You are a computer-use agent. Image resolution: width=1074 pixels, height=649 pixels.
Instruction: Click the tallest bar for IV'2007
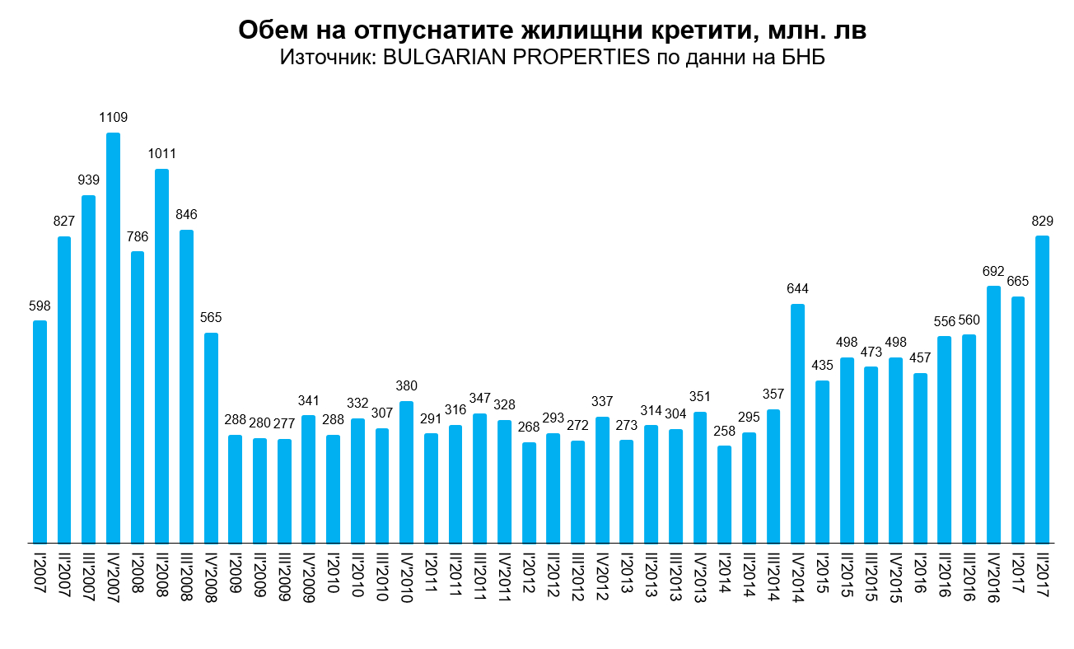coord(113,338)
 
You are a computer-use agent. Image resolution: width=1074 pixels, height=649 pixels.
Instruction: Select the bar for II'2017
coord(1042,390)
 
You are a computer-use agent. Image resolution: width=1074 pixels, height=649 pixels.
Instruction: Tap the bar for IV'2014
coord(797,423)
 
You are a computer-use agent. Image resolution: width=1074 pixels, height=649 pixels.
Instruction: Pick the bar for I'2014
coord(724,494)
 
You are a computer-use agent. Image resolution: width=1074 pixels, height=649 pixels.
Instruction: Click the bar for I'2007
coord(40,432)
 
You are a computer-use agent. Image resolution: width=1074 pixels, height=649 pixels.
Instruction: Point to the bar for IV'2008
coord(211,438)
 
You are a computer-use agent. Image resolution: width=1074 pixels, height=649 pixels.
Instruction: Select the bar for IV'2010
coord(406,472)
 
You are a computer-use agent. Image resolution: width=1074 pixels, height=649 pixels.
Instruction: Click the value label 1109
coord(113,118)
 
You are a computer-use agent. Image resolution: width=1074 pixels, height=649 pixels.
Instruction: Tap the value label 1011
coord(162,154)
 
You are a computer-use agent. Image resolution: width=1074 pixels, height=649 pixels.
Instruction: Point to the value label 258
coord(724,431)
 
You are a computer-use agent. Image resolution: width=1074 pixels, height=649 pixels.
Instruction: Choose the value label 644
coord(797,289)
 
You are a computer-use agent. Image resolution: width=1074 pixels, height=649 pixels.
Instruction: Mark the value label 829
coord(1042,221)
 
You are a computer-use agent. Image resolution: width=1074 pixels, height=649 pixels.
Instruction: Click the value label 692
coord(993,271)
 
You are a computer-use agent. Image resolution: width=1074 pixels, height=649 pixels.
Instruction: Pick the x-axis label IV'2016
coord(993,580)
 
